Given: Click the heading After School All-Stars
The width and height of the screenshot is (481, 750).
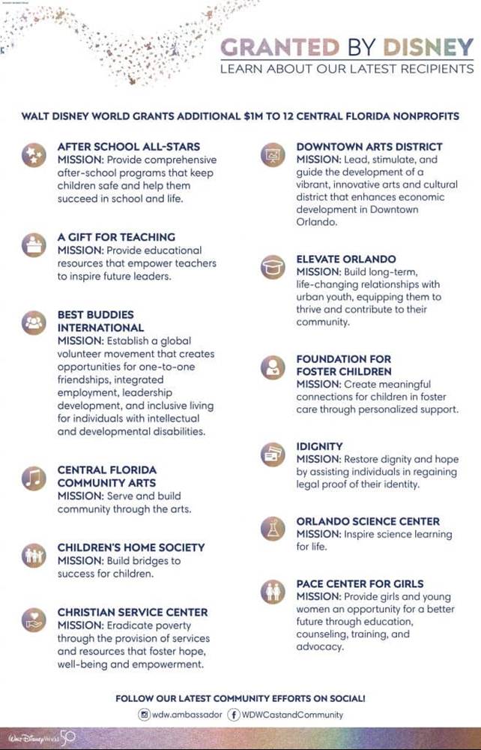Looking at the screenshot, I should coord(129,147).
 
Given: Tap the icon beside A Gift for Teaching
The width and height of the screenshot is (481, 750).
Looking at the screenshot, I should coord(34,245).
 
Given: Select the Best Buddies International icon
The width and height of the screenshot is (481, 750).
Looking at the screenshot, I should coord(34,322).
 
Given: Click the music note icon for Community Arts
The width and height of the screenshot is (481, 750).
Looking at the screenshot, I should coord(34,478).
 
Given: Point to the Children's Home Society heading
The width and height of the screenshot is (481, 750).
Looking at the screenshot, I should coord(131,547).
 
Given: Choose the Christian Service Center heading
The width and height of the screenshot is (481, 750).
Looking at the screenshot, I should coord(133,612).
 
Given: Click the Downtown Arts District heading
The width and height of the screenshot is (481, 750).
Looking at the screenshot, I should coord(369,147).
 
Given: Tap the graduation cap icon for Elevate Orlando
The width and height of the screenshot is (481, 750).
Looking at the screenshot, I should coord(273,267).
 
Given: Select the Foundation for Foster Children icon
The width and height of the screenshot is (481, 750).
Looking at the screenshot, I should coord(273,367).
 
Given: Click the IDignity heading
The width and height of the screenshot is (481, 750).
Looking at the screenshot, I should coord(319,446).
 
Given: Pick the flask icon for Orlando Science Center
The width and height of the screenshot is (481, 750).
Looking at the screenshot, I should coord(273,529).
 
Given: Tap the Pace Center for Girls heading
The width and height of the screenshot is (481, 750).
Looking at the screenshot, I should coord(360,583).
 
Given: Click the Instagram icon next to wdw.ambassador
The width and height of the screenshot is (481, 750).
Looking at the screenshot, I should coord(144,715).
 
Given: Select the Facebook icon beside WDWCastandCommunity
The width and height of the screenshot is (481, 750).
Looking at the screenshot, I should coord(234,715).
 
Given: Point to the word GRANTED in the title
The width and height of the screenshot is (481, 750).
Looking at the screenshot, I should coord(279,48).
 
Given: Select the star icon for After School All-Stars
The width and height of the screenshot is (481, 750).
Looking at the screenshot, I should coord(34,155).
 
